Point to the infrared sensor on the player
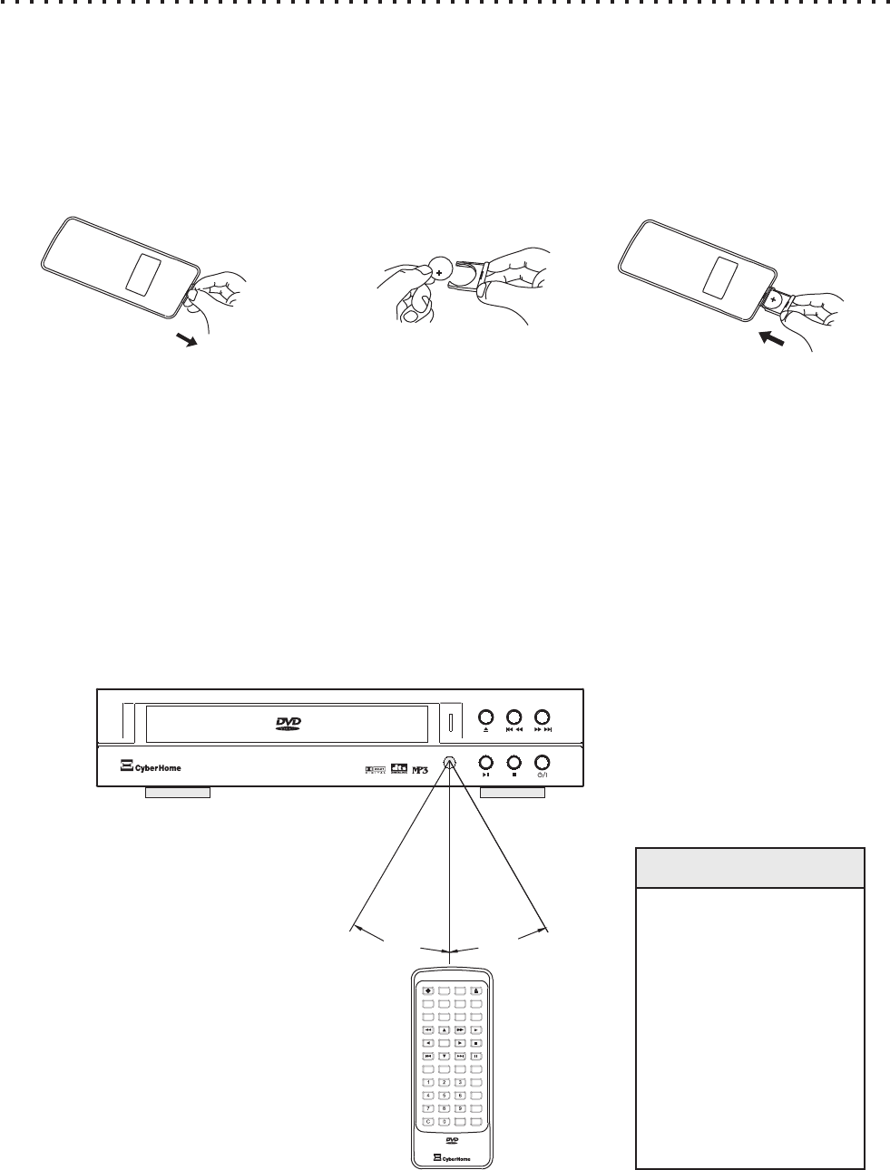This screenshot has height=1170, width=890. pos(449,764)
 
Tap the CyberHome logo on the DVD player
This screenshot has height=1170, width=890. pos(151,767)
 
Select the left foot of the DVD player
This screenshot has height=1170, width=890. pos(178,793)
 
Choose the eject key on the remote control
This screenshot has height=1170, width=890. pos(475,991)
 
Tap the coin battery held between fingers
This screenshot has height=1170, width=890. pos(442,268)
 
